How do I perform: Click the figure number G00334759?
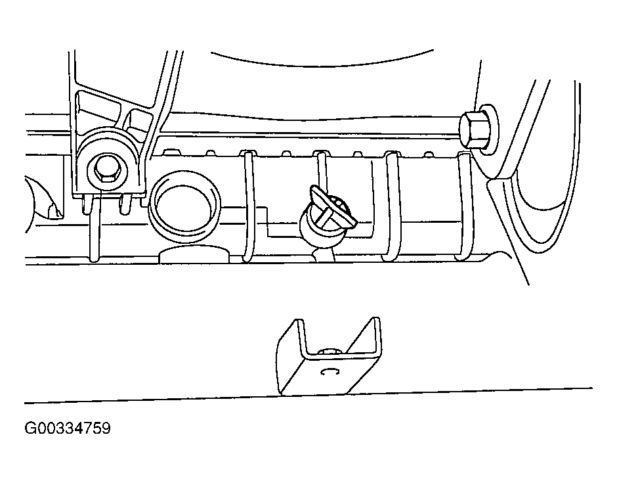68,428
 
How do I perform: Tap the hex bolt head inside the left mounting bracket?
107,172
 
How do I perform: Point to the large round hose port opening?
184,206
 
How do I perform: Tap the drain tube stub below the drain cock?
324,255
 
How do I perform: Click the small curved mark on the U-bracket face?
330,371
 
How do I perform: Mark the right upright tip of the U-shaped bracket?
376,318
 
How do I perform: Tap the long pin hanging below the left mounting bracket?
95,229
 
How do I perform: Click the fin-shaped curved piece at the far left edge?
44,198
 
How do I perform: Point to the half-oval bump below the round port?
194,254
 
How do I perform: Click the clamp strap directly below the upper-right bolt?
464,206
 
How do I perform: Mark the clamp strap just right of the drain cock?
391,206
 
